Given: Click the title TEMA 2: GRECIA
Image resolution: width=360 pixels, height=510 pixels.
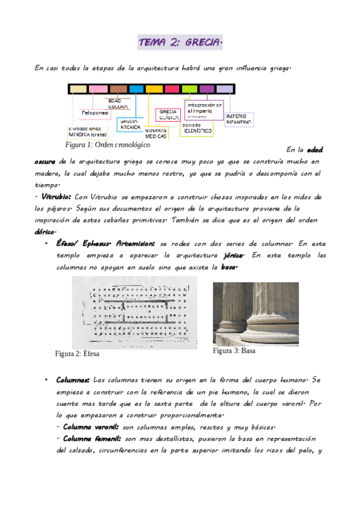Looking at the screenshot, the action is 180,43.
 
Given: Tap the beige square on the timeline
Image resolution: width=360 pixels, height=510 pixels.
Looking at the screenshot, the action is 78,89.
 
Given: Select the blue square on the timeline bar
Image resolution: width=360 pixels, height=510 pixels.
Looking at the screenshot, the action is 136,89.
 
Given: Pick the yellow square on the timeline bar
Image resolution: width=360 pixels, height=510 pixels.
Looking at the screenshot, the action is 154,89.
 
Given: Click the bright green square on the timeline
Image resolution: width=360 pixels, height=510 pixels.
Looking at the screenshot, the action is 189,89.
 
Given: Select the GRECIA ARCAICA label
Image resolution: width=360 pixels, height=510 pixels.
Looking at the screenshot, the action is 130,124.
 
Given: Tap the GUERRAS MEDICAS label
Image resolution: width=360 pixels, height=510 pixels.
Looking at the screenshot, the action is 156,133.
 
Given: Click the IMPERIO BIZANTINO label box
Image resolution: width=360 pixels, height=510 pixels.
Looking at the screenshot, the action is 239,118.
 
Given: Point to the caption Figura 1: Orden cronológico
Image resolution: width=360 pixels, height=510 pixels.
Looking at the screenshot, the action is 108,145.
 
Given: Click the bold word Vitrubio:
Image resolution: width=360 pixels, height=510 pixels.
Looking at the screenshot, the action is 56,197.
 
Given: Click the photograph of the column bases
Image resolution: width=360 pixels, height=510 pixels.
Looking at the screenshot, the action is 255,313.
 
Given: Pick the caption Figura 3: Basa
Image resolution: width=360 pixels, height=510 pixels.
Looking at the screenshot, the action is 234,351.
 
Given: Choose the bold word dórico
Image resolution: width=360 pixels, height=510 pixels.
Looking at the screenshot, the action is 45,232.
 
